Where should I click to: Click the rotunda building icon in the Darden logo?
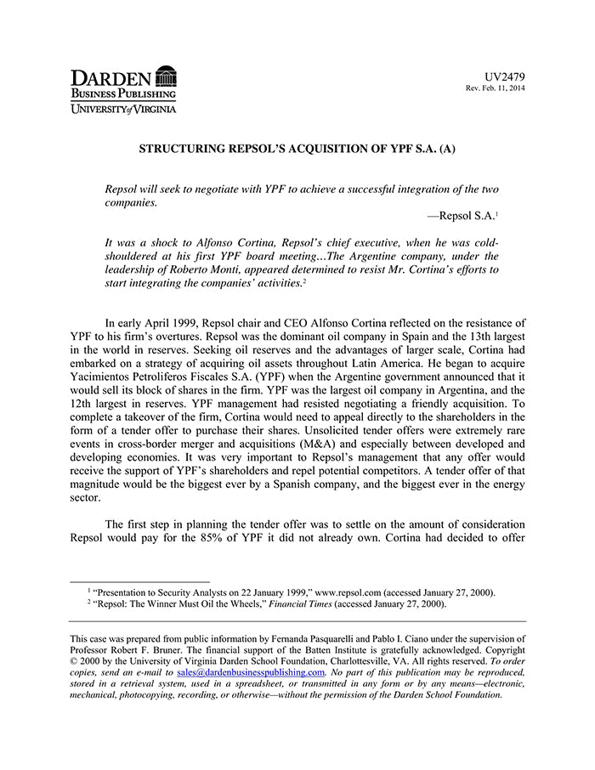(166, 76)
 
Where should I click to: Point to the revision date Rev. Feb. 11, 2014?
(495, 89)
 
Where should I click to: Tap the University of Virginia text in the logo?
(123, 108)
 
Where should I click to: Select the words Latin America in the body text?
(337, 363)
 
